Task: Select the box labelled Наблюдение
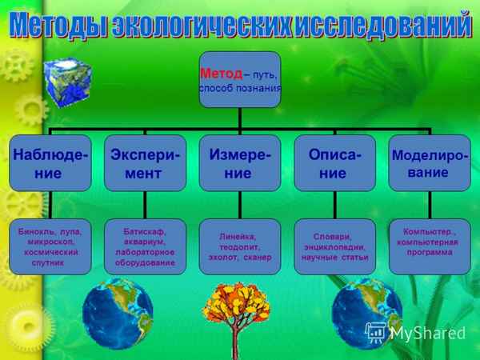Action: click(x=50, y=162)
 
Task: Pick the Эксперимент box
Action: click(x=145, y=162)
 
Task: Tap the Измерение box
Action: click(x=239, y=162)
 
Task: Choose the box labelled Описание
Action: click(x=334, y=162)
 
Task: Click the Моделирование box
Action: click(x=430, y=162)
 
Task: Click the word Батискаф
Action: click(x=145, y=231)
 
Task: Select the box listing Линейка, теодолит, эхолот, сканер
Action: click(x=239, y=246)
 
